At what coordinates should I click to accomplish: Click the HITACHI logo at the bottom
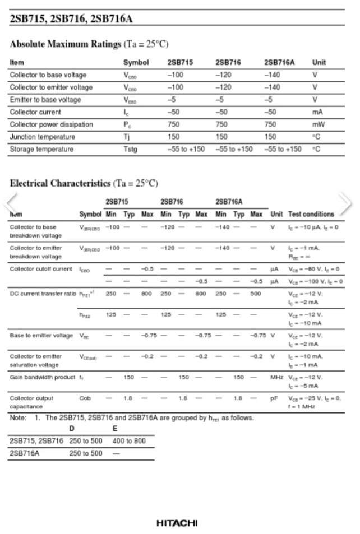(177, 523)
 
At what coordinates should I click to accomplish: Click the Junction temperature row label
(42, 137)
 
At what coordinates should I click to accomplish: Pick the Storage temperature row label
(41, 149)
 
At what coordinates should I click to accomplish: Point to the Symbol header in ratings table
(136, 63)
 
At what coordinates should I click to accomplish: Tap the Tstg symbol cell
(130, 149)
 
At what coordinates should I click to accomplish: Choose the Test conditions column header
(311, 214)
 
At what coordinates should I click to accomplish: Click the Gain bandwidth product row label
(42, 377)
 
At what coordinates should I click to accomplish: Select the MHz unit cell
(276, 377)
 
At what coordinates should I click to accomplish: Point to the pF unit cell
(274, 398)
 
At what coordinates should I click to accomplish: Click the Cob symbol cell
(85, 398)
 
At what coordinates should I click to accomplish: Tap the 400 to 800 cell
(128, 441)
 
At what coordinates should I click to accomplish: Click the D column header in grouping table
(72, 429)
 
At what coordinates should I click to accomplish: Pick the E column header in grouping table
(115, 429)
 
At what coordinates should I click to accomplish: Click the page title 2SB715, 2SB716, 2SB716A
(71, 19)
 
